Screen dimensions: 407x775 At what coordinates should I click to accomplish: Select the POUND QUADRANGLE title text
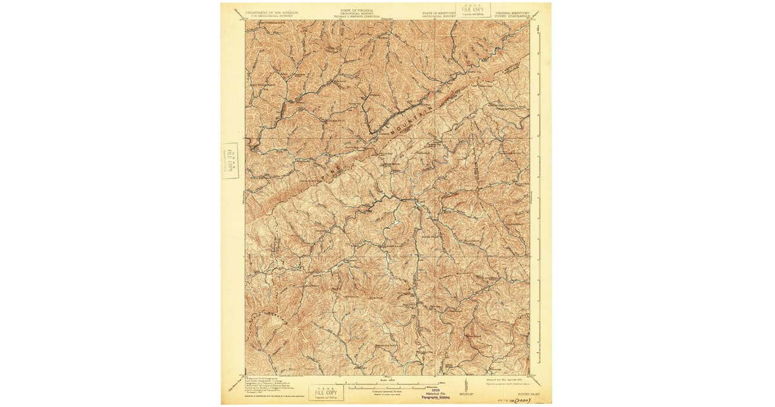[x=514, y=16]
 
